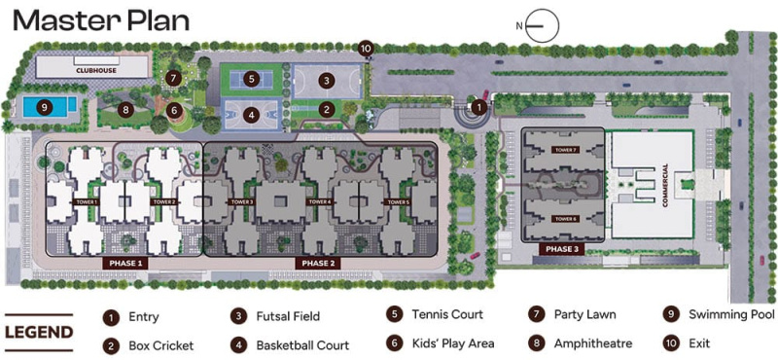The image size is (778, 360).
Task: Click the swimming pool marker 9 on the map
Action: pos(44,106)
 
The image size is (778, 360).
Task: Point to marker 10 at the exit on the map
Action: pos(366,47)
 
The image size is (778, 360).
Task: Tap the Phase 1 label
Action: pos(125,263)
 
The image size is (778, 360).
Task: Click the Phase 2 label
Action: pos(318,263)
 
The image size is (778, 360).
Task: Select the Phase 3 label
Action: pos(562,249)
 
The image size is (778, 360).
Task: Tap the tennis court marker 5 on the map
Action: pos(251,79)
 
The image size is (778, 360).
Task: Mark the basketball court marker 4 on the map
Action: pos(251,114)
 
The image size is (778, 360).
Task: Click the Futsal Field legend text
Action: pos(288,316)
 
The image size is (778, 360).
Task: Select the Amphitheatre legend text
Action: pos(593,343)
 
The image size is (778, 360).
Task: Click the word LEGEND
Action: pos(39,333)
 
